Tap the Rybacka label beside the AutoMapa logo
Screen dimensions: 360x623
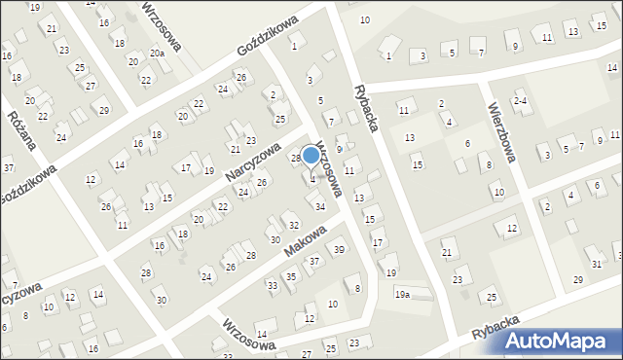[495, 329]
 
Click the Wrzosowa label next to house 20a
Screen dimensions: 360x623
[163, 28]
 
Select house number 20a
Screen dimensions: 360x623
[158, 54]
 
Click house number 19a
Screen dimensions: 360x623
[402, 294]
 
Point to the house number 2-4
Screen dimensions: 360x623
[521, 101]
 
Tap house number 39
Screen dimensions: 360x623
[339, 250]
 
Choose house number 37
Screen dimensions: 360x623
[314, 262]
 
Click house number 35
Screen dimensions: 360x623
[290, 277]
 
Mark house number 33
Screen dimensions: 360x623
[273, 285]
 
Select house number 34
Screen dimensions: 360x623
[319, 206]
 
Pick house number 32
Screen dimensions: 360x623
[293, 225]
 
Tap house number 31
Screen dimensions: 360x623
[597, 265]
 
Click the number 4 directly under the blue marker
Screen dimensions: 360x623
[312, 179]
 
